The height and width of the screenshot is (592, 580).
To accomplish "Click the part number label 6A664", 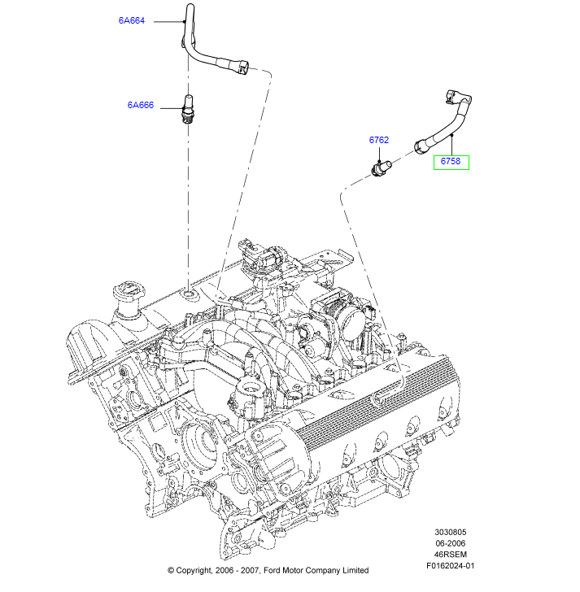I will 131,21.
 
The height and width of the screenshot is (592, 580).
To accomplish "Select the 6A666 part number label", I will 140,105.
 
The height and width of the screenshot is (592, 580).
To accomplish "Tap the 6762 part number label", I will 379,140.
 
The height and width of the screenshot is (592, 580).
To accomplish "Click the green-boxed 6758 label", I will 451,162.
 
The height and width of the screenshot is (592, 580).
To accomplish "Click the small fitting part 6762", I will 380,168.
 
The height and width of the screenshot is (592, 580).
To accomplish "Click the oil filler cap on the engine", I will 126,294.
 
